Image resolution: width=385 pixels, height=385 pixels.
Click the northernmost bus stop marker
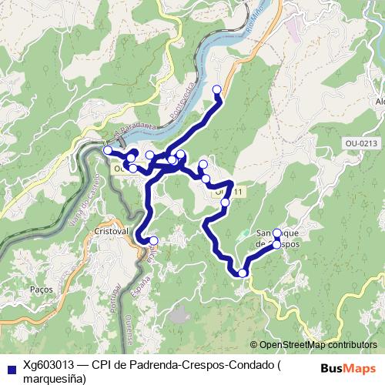point(217,89)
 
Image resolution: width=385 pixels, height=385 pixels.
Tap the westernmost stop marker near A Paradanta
point(108,150)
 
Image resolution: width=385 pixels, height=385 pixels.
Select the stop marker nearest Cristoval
point(153,241)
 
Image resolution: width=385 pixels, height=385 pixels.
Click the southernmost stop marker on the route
point(243,273)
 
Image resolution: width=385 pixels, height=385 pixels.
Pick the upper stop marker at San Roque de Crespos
point(276,233)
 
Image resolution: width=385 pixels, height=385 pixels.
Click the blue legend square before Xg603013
point(10,367)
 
